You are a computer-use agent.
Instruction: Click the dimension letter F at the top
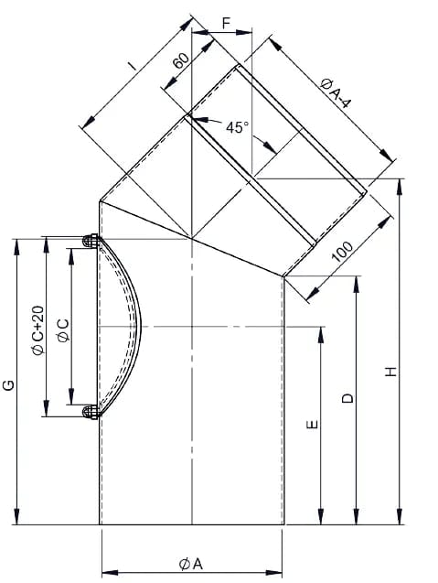pos(226,23)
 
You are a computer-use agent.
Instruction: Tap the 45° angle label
pos(237,127)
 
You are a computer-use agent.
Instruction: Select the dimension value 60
pos(182,60)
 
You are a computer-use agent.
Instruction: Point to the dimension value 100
pos(342,252)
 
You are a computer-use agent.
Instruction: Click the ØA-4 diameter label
pos(335,94)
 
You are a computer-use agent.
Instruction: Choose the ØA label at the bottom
pos(191,565)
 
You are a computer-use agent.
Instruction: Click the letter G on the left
pos(8,385)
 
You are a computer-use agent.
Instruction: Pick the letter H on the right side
pos(390,372)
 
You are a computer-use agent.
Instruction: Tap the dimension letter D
pos(347,398)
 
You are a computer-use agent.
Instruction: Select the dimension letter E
pos(313,425)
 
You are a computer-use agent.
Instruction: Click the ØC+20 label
pos(37,330)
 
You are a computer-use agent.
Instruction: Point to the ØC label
pos(63,330)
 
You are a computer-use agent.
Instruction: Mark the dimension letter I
pos(132,66)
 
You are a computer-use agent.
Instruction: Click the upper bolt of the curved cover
pos(91,241)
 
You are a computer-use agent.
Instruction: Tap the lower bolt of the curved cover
pos(91,412)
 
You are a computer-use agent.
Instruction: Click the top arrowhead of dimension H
pos(400,187)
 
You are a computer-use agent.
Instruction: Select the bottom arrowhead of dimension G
pos(16,516)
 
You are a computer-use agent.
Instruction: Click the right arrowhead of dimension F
pos(244,32)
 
